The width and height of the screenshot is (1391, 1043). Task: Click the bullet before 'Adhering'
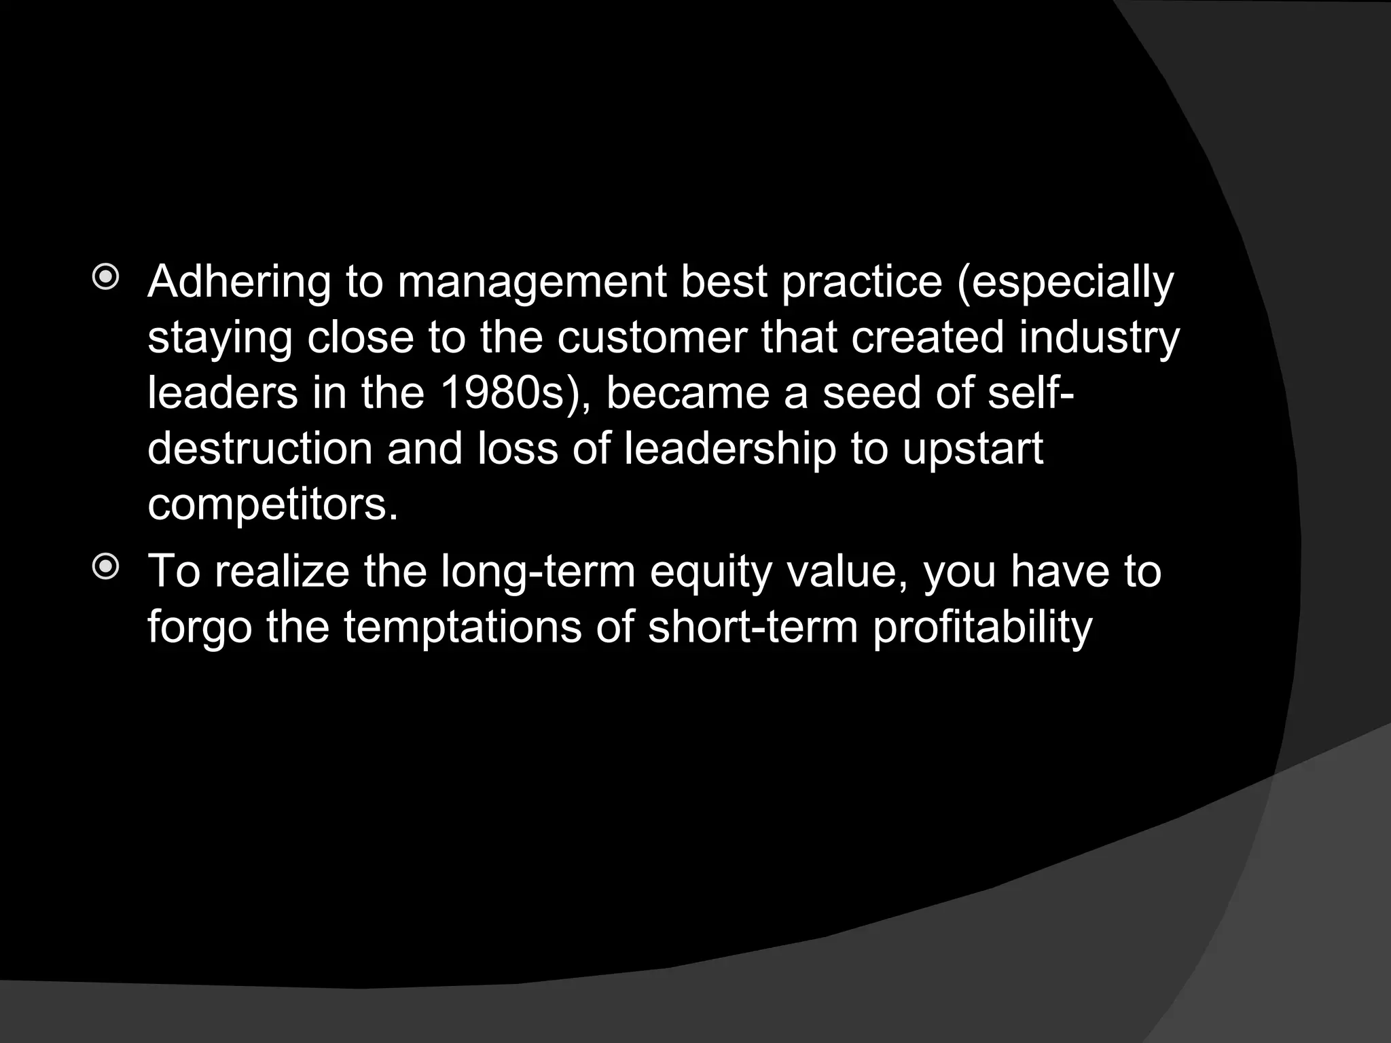click(x=106, y=278)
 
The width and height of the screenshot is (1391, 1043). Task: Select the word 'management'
click(x=532, y=282)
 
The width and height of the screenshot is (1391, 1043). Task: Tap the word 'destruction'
click(x=260, y=449)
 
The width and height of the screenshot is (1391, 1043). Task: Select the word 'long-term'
click(x=538, y=572)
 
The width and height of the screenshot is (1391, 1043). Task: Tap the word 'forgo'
click(x=200, y=629)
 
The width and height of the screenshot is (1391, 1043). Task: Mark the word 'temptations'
click(x=463, y=629)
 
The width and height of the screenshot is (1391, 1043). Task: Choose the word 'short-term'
click(x=753, y=627)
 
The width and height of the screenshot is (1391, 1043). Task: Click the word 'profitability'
click(x=982, y=629)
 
